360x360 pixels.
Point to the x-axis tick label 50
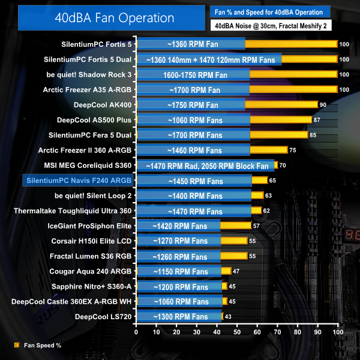pyautogui.click(x=238, y=332)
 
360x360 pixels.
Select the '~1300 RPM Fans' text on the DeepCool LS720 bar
pyautogui.click(x=178, y=316)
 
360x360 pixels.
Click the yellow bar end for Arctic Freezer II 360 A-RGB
pyautogui.click(x=270, y=150)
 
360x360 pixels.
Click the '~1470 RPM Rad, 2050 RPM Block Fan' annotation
pyautogui.click(x=205, y=165)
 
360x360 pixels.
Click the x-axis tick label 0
pyautogui.click(x=137, y=332)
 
